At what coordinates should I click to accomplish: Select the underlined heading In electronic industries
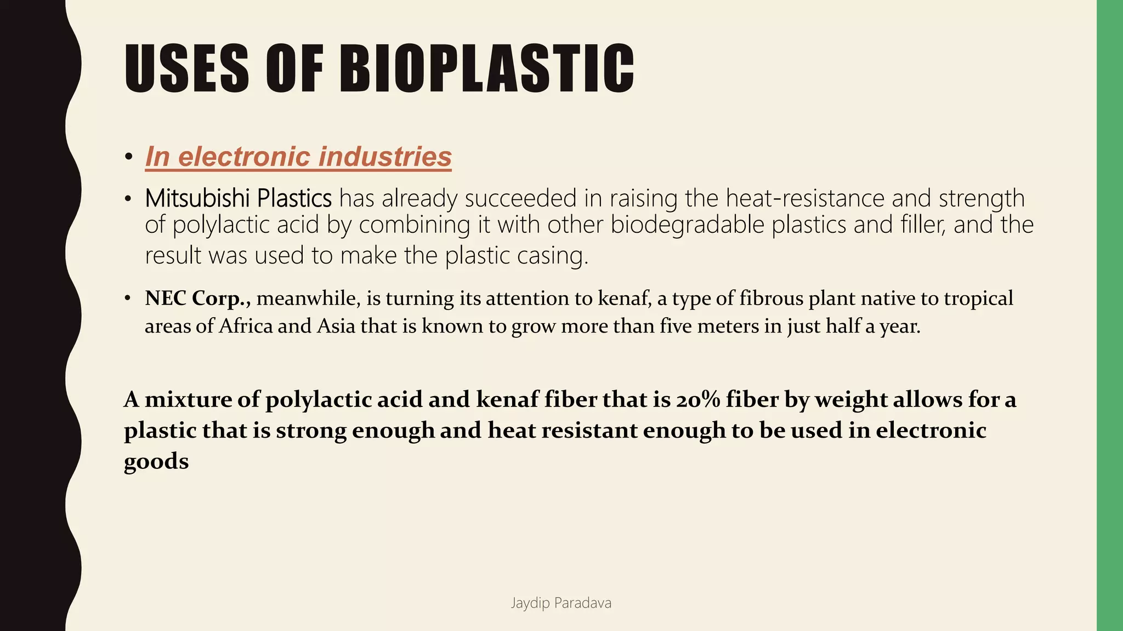[x=298, y=157]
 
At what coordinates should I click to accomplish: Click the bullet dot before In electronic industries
[x=128, y=158]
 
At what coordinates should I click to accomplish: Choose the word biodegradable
[x=688, y=225]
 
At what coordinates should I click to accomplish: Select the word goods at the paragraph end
[x=156, y=461]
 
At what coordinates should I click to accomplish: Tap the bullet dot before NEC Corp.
[x=128, y=299]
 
